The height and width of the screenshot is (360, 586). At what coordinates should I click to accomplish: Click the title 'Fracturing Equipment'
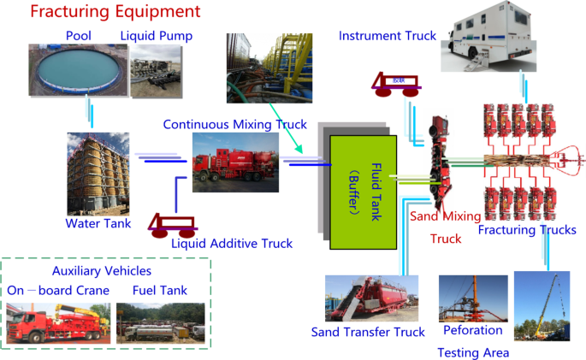[x=115, y=11]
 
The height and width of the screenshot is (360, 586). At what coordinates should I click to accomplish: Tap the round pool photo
[x=78, y=70]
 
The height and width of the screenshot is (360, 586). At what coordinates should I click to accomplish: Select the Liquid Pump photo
[x=156, y=71]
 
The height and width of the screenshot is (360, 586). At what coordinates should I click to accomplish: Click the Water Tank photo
[x=98, y=174]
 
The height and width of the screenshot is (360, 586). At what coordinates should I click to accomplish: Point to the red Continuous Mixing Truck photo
[x=235, y=162]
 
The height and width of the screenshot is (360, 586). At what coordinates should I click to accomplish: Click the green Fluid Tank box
[x=363, y=192]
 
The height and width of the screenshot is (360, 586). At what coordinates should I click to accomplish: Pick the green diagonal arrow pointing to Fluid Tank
[x=286, y=128]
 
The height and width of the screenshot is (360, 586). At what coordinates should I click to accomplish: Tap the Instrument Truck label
[x=388, y=36]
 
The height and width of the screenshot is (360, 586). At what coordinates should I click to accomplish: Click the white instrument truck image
[x=488, y=36]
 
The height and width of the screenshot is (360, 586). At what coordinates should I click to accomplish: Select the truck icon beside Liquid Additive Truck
[x=172, y=226]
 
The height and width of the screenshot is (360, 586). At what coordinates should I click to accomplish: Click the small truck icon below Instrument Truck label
[x=396, y=84]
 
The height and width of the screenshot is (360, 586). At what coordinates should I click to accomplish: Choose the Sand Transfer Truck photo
[x=371, y=298]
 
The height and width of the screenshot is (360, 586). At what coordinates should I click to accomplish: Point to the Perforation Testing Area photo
[x=473, y=298]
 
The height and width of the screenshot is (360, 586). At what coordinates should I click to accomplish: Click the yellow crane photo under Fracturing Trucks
[x=542, y=306]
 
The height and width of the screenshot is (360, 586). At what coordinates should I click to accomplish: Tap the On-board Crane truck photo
[x=58, y=323]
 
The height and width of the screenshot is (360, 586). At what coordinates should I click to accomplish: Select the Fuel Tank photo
[x=161, y=323]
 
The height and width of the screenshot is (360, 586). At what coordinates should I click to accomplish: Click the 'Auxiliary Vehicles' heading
[x=102, y=271]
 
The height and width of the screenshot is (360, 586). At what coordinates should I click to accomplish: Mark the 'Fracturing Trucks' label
[x=527, y=230]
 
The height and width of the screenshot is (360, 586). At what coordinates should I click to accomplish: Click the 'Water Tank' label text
[x=98, y=223]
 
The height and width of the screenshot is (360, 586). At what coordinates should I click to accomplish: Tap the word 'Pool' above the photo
[x=79, y=36]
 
